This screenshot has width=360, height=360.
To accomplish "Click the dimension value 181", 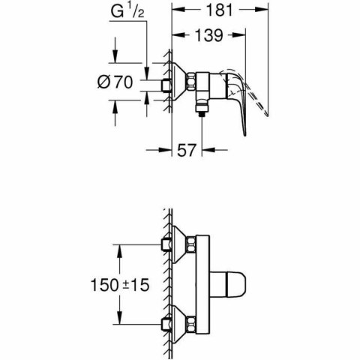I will tap(220, 11).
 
